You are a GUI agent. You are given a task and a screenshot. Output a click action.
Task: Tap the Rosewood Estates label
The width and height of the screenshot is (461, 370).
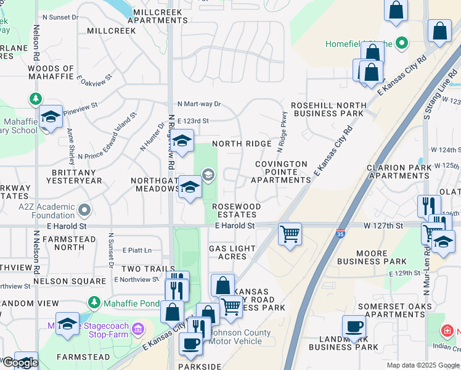[236, 210]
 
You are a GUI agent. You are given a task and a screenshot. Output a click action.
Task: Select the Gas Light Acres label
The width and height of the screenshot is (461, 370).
[227, 252]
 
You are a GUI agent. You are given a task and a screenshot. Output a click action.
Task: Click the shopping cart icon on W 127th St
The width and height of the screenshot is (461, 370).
[290, 234]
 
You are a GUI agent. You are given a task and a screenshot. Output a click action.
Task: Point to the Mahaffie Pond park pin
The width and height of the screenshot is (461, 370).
[94, 303]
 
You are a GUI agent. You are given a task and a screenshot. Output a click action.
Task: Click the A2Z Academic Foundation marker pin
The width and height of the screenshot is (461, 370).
[84, 211]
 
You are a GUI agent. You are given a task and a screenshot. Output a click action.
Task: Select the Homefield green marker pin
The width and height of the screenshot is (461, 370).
[402, 43]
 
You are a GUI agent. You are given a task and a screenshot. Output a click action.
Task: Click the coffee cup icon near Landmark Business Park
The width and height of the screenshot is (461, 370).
[354, 327]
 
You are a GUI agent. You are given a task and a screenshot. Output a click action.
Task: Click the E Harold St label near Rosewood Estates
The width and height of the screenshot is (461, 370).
[235, 226]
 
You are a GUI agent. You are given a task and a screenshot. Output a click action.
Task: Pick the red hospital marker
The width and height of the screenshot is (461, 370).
[446, 332]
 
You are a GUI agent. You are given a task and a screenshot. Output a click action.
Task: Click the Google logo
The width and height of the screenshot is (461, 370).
[20, 363]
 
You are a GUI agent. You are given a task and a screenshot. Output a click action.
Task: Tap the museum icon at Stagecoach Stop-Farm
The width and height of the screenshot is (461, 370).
[138, 327]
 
